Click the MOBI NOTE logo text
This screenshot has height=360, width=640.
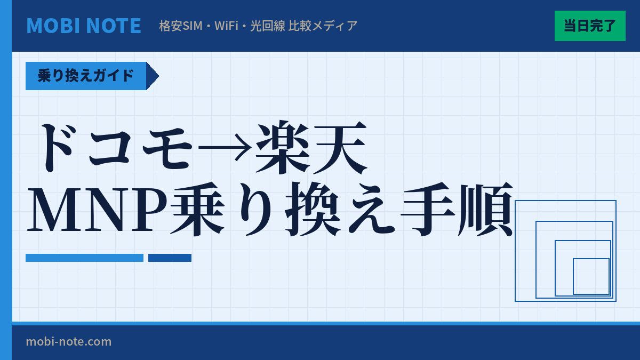coord(84,26)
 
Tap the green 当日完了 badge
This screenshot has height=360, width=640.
coord(590,26)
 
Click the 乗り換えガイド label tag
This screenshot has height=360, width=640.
coord(86,76)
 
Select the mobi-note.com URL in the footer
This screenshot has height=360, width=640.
coord(69,341)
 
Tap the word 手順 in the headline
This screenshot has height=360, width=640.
coord(457,211)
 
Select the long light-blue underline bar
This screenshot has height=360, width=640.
coord(84,258)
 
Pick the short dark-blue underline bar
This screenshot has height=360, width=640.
coord(170,258)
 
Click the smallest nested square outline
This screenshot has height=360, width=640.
coord(591,276)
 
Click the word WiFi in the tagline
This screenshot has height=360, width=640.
coord(226,26)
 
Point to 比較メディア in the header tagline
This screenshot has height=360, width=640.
coord(323,26)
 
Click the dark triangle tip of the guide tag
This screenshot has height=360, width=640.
coord(152,76)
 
